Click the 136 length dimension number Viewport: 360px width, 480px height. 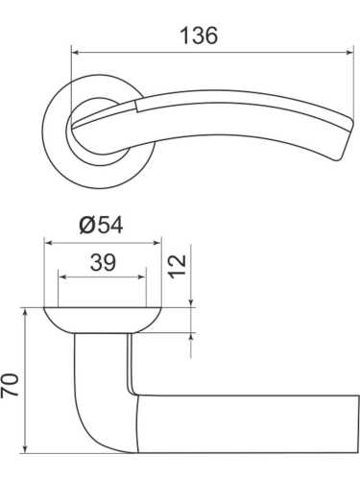click(199, 36)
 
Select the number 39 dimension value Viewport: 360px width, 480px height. click(103, 262)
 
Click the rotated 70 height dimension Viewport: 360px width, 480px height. click(11, 386)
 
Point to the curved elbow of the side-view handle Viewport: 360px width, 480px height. click(91, 422)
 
